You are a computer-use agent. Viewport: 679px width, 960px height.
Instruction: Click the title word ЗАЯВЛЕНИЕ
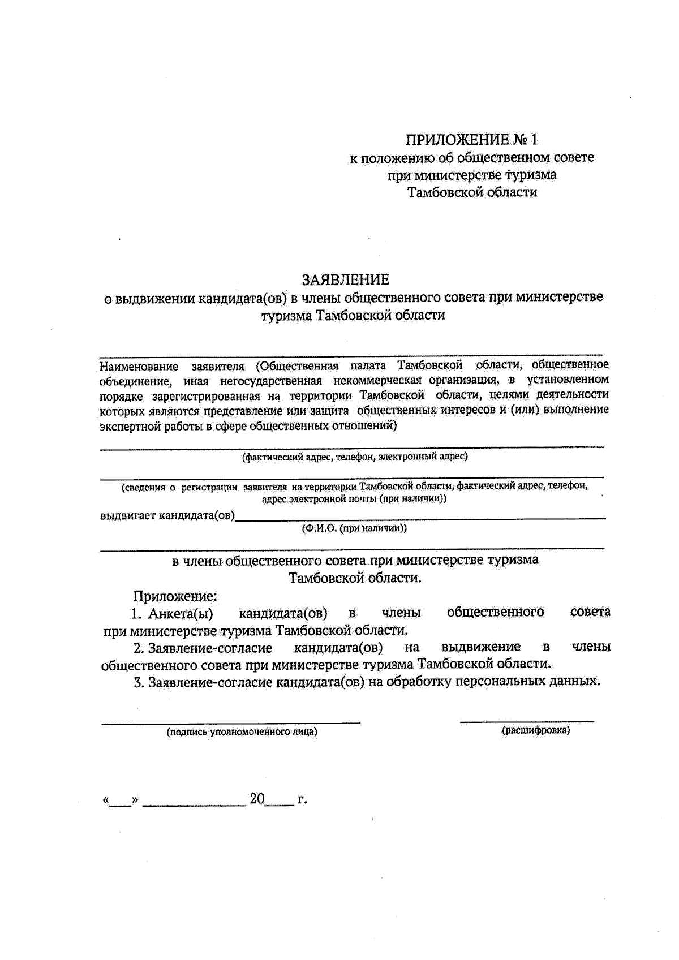(x=345, y=279)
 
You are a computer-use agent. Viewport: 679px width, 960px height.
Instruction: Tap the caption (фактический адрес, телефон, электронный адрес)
(x=355, y=456)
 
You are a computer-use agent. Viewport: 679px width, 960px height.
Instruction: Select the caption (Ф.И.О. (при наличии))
(x=354, y=528)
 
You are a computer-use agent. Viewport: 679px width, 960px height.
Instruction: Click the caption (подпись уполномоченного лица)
(x=242, y=732)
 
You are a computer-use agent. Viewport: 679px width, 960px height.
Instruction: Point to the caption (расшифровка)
(x=535, y=730)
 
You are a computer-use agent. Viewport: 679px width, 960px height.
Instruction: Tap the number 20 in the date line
(x=257, y=799)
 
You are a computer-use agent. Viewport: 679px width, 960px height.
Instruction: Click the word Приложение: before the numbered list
(x=175, y=595)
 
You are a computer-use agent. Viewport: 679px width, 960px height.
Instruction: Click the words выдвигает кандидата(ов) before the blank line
(x=167, y=515)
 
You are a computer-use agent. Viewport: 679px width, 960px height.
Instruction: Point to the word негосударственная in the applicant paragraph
(x=268, y=380)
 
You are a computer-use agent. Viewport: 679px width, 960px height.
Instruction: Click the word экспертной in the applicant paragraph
(x=127, y=426)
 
